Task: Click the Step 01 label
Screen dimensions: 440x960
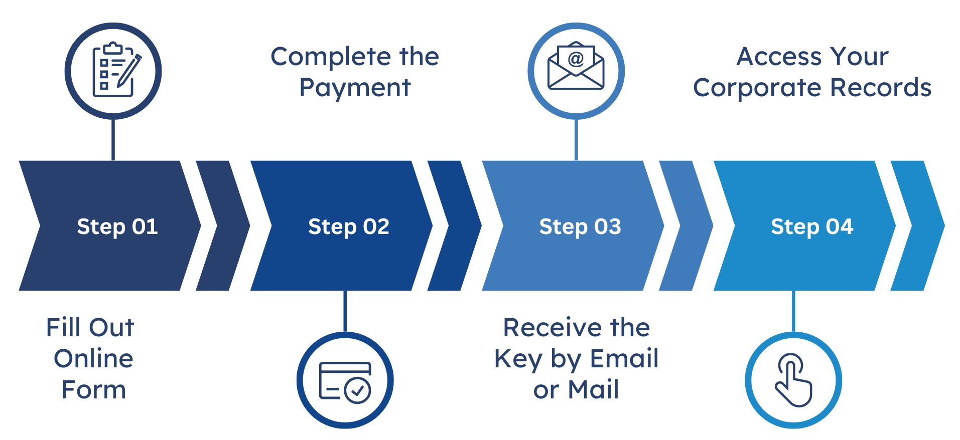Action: tap(117, 227)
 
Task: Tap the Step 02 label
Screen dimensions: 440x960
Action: tap(349, 227)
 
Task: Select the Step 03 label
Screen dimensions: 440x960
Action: tap(580, 227)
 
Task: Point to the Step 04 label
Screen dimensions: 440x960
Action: tap(812, 227)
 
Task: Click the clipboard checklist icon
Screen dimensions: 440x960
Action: tap(113, 71)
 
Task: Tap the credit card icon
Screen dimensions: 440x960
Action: tap(345, 381)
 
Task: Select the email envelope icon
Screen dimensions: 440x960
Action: tap(576, 67)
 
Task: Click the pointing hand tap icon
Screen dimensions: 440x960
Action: tap(793, 380)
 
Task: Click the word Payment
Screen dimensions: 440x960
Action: tap(355, 88)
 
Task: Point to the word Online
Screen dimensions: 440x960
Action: tap(94, 359)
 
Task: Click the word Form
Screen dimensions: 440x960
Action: tap(94, 390)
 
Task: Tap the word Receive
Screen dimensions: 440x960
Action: tap(553, 328)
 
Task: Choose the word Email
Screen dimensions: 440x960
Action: tap(624, 359)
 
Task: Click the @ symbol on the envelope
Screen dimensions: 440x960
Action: tap(576, 59)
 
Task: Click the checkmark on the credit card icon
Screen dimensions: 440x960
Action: tap(358, 390)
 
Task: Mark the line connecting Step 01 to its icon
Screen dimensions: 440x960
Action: tap(113, 140)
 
